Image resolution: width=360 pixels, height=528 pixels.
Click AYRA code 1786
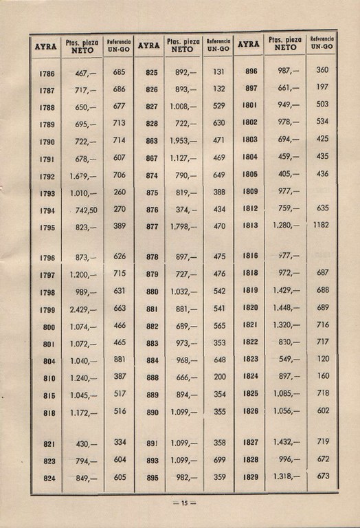(47, 72)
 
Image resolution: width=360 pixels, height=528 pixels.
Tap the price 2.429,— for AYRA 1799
(83, 309)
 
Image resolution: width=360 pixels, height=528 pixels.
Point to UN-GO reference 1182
(321, 225)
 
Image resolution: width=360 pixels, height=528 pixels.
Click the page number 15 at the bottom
(184, 503)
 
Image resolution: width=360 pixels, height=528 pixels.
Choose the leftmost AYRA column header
(47, 47)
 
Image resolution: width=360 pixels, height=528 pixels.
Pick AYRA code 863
(152, 140)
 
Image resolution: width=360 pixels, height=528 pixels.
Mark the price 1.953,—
(183, 140)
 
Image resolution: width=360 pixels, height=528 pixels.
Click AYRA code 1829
(250, 476)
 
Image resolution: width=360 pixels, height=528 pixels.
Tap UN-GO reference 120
(323, 358)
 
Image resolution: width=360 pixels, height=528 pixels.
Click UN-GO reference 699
(219, 459)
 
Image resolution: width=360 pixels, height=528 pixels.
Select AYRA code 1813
(250, 225)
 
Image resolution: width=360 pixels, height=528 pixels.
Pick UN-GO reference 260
(120, 192)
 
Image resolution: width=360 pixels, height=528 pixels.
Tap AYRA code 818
(49, 412)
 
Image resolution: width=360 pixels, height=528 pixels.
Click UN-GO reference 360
(323, 69)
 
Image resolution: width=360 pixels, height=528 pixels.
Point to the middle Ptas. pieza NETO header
(183, 45)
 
